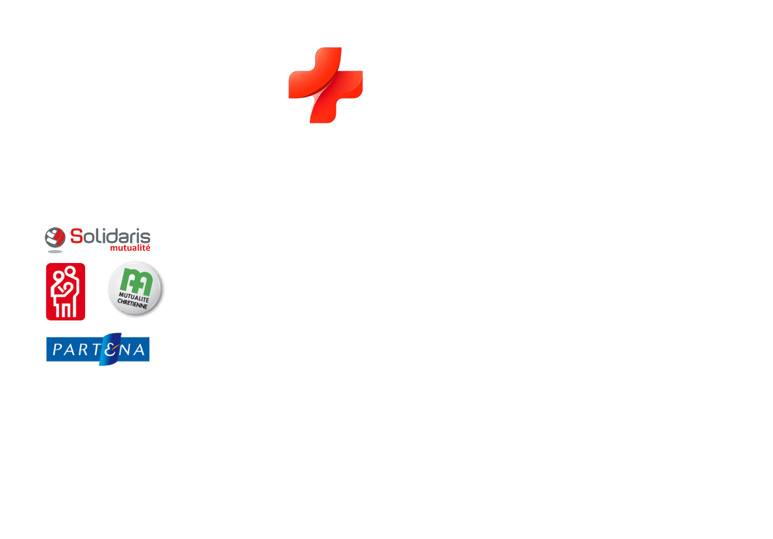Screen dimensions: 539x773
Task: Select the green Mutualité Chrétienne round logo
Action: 133,290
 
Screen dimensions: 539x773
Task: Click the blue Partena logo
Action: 98,349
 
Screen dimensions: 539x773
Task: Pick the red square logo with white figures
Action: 65,291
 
